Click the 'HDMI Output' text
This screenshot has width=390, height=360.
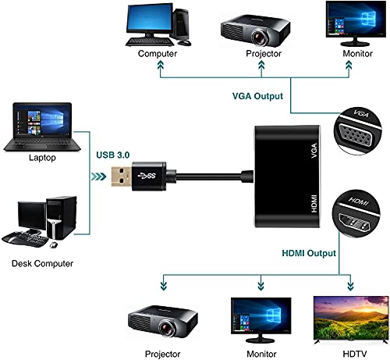click(308, 253)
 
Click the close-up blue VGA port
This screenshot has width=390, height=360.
click(358, 134)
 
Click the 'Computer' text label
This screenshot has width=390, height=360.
click(157, 55)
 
